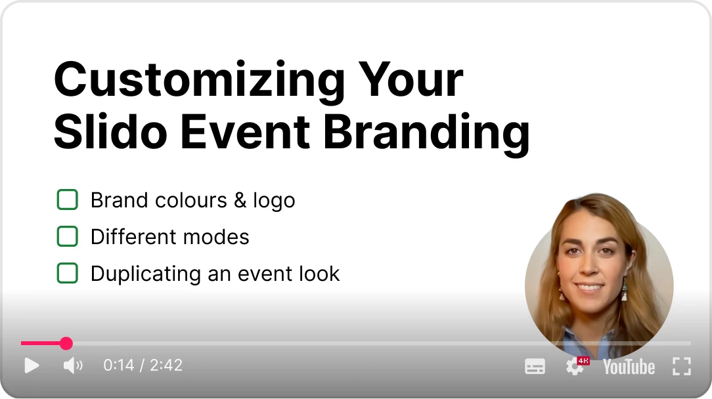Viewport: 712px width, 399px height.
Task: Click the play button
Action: [32, 366]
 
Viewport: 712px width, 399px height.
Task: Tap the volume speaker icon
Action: [73, 366]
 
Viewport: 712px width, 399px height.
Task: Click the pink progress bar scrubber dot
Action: [66, 343]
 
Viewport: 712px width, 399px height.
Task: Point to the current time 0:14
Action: [118, 365]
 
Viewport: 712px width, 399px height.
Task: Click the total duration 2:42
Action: [166, 365]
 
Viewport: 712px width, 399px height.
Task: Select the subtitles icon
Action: [535, 366]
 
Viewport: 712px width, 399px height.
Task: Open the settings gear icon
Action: [575, 367]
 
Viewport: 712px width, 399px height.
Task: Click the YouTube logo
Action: [629, 367]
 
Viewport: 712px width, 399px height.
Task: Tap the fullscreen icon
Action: [682, 366]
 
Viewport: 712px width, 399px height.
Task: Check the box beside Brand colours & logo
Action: [67, 199]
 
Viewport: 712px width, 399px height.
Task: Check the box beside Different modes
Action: [67, 236]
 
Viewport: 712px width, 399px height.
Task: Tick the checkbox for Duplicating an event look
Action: [67, 273]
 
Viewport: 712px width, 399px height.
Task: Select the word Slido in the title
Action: [111, 132]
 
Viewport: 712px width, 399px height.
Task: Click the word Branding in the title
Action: [426, 134]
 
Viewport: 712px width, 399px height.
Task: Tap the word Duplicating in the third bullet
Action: [145, 274]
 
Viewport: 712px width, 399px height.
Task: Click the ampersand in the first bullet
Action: [240, 200]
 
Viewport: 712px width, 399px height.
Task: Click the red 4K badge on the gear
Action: [583, 361]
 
